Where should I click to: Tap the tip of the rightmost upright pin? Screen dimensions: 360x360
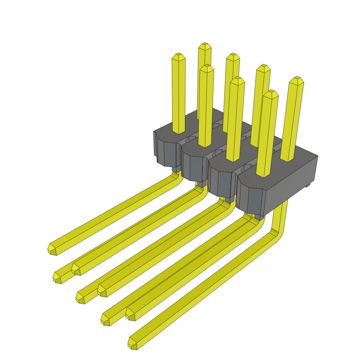pos(296,79)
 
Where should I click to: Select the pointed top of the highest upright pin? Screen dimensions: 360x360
pos(205,45)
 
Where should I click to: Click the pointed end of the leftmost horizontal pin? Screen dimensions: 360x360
pos(51,249)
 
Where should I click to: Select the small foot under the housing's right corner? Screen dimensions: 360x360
pos(308,184)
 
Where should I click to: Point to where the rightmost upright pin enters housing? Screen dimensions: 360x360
pos(287,160)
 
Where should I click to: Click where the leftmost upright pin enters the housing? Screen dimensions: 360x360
pos(179,132)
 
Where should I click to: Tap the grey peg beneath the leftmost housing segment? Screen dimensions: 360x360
pos(175,169)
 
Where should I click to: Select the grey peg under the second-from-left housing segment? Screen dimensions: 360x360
pos(202,184)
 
